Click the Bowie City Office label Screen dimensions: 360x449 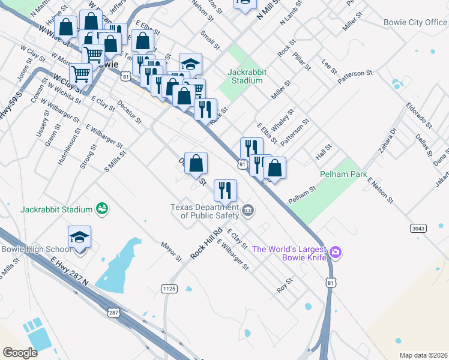(x=415, y=23)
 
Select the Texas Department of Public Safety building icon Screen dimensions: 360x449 (x=249, y=211)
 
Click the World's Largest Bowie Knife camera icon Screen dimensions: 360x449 (x=336, y=253)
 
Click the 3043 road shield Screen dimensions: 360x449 (x=419, y=228)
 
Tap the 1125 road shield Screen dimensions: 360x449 (x=169, y=289)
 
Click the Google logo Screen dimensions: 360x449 (x=20, y=352)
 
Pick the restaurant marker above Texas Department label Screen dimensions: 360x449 (x=225, y=190)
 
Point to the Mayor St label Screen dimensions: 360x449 (x=170, y=251)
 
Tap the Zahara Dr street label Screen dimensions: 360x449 (x=388, y=141)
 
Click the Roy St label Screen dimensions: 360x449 (x=284, y=284)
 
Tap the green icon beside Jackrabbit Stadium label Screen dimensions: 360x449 (x=103, y=209)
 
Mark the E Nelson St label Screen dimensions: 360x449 (x=380, y=190)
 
